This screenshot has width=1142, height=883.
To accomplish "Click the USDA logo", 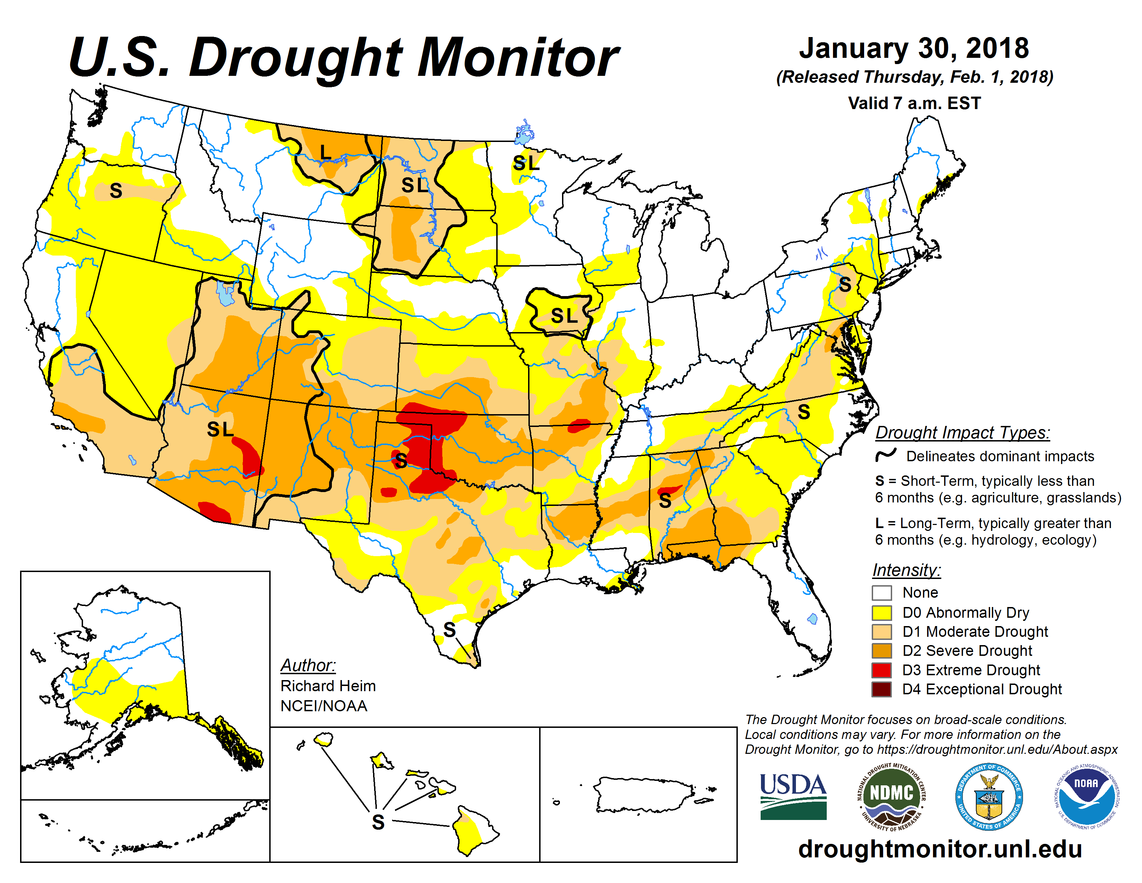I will (x=793, y=796).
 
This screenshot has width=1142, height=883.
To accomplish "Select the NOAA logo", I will (x=1086, y=796).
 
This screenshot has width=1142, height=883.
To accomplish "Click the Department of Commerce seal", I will (x=989, y=796).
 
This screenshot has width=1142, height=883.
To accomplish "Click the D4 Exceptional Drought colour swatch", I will (x=882, y=689).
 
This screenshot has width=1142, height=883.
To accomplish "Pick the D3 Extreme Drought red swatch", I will (x=882, y=670).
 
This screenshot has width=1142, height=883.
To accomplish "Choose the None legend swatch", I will (x=882, y=593).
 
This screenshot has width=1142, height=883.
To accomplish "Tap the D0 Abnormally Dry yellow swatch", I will (x=882, y=613).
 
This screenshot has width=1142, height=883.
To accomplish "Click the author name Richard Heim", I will (x=328, y=686).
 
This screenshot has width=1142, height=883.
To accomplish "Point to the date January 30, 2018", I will (x=914, y=48).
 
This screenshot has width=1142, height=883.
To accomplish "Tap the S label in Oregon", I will (x=116, y=191).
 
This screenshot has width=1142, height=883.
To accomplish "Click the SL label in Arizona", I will (x=220, y=429).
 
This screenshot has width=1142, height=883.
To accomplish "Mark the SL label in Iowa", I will (x=564, y=315).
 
